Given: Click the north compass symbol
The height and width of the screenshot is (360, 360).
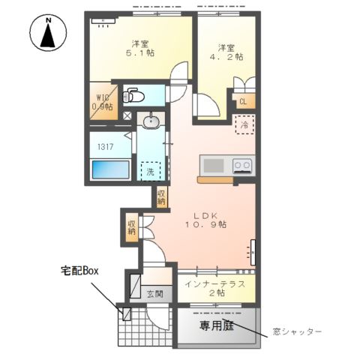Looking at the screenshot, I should [x=48, y=34].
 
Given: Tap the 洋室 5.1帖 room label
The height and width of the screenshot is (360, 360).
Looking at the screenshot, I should [x=139, y=48].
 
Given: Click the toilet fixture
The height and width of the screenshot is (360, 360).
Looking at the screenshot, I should [x=134, y=96].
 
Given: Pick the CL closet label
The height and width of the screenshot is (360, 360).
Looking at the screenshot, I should [x=244, y=103].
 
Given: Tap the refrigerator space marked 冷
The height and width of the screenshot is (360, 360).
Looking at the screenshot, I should [x=244, y=124].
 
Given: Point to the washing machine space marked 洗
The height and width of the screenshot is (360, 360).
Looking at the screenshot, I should [x=151, y=171].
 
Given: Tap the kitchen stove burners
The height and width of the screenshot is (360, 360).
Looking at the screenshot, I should [x=242, y=165].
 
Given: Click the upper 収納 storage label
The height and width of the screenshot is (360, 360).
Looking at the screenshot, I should [x=161, y=196].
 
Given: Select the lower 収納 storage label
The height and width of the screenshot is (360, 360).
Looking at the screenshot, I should [x=132, y=226].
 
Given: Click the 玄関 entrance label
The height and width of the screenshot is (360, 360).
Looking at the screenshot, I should [x=154, y=293].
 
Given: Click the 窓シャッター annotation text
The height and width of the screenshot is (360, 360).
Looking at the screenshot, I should [x=298, y=331].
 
